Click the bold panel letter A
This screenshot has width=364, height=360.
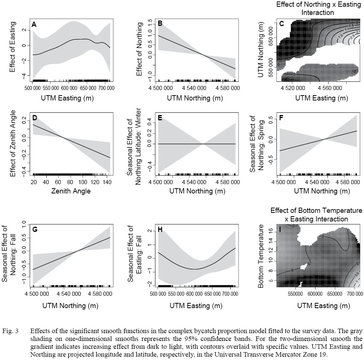tap(34, 24)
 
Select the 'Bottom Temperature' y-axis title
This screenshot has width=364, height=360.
tap(261, 256)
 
